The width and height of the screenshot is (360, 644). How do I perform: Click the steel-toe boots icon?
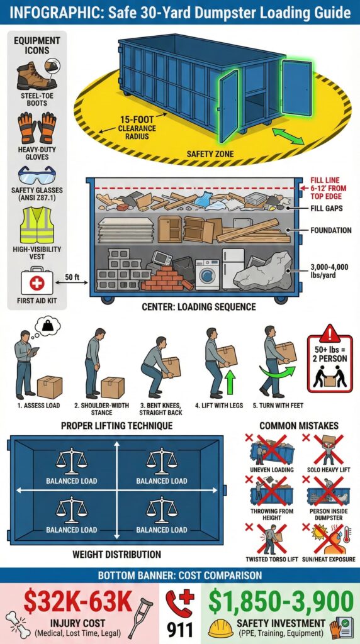coord(37,76)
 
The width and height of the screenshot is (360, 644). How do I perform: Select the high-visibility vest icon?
coord(37,225)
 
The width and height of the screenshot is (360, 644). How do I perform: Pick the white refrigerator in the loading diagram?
coord(233,268)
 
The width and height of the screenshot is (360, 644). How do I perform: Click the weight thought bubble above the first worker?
coord(48,325)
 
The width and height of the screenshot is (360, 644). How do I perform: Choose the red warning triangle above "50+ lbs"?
coord(329,334)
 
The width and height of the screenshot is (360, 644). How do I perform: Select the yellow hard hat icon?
coord(221,625)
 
